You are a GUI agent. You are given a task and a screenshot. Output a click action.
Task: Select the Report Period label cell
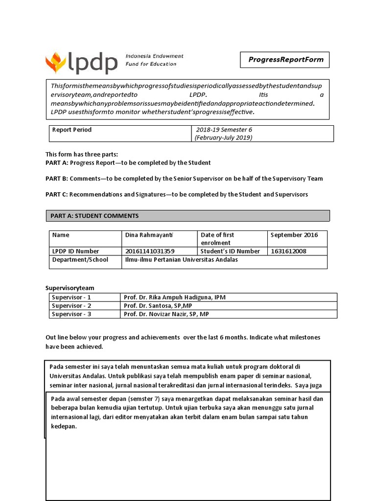pyautogui.click(x=72, y=130)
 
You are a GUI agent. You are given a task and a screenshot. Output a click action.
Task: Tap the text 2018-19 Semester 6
pyautogui.click(x=224, y=130)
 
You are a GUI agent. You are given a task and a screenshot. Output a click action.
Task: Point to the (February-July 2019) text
pyautogui.click(x=223, y=137)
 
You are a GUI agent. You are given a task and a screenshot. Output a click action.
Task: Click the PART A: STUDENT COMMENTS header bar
pyautogui.click(x=188, y=216)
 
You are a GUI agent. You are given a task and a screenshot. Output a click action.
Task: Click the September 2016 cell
pyautogui.click(x=294, y=235)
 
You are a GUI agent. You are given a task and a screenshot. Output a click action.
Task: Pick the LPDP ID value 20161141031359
pyautogui.click(x=150, y=251)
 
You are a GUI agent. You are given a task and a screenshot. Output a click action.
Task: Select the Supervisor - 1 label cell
pyautogui.click(x=71, y=297)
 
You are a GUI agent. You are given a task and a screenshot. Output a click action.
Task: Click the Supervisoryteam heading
pyautogui.click(x=70, y=288)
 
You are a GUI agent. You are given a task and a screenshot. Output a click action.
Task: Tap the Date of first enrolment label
pyautogui.click(x=218, y=239)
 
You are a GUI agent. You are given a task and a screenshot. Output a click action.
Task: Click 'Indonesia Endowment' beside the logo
pyautogui.click(x=154, y=57)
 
